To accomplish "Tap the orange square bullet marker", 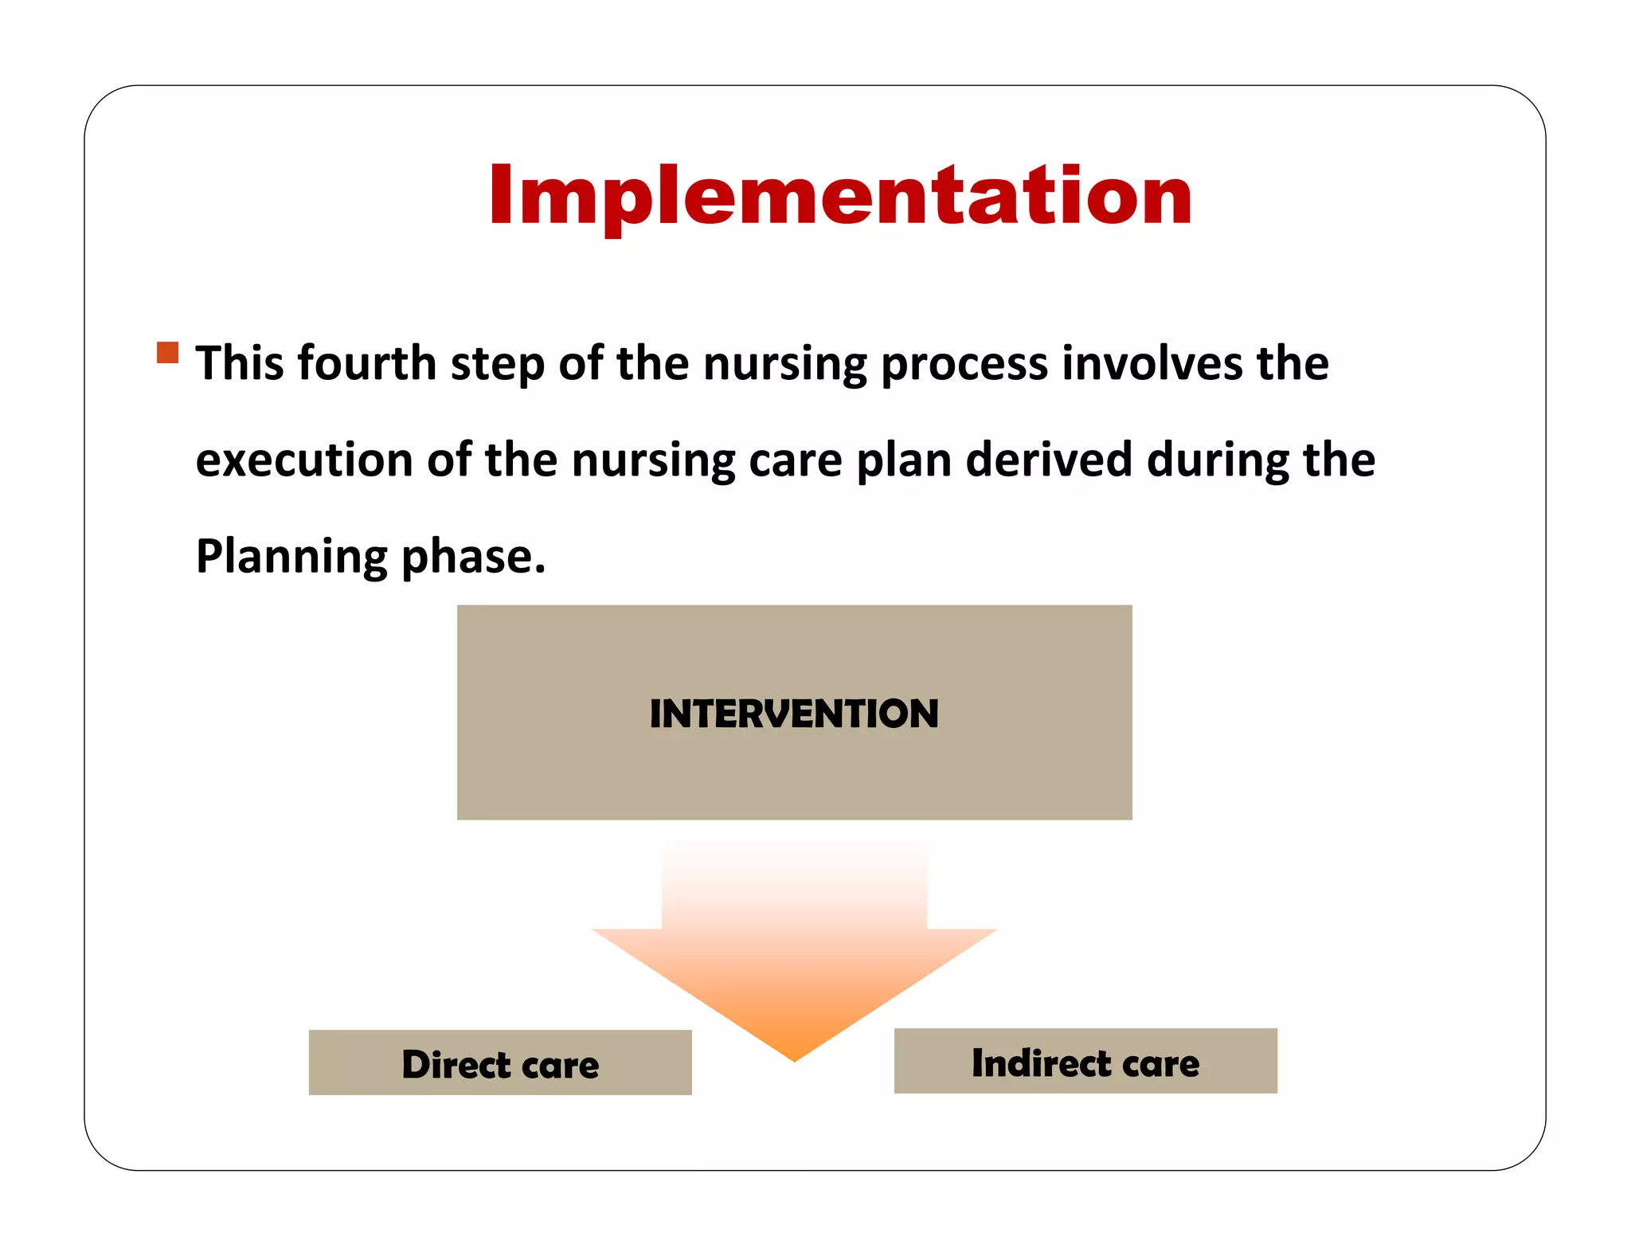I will (168, 352).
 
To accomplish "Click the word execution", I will (304, 460).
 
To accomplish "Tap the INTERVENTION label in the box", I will (794, 714).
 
